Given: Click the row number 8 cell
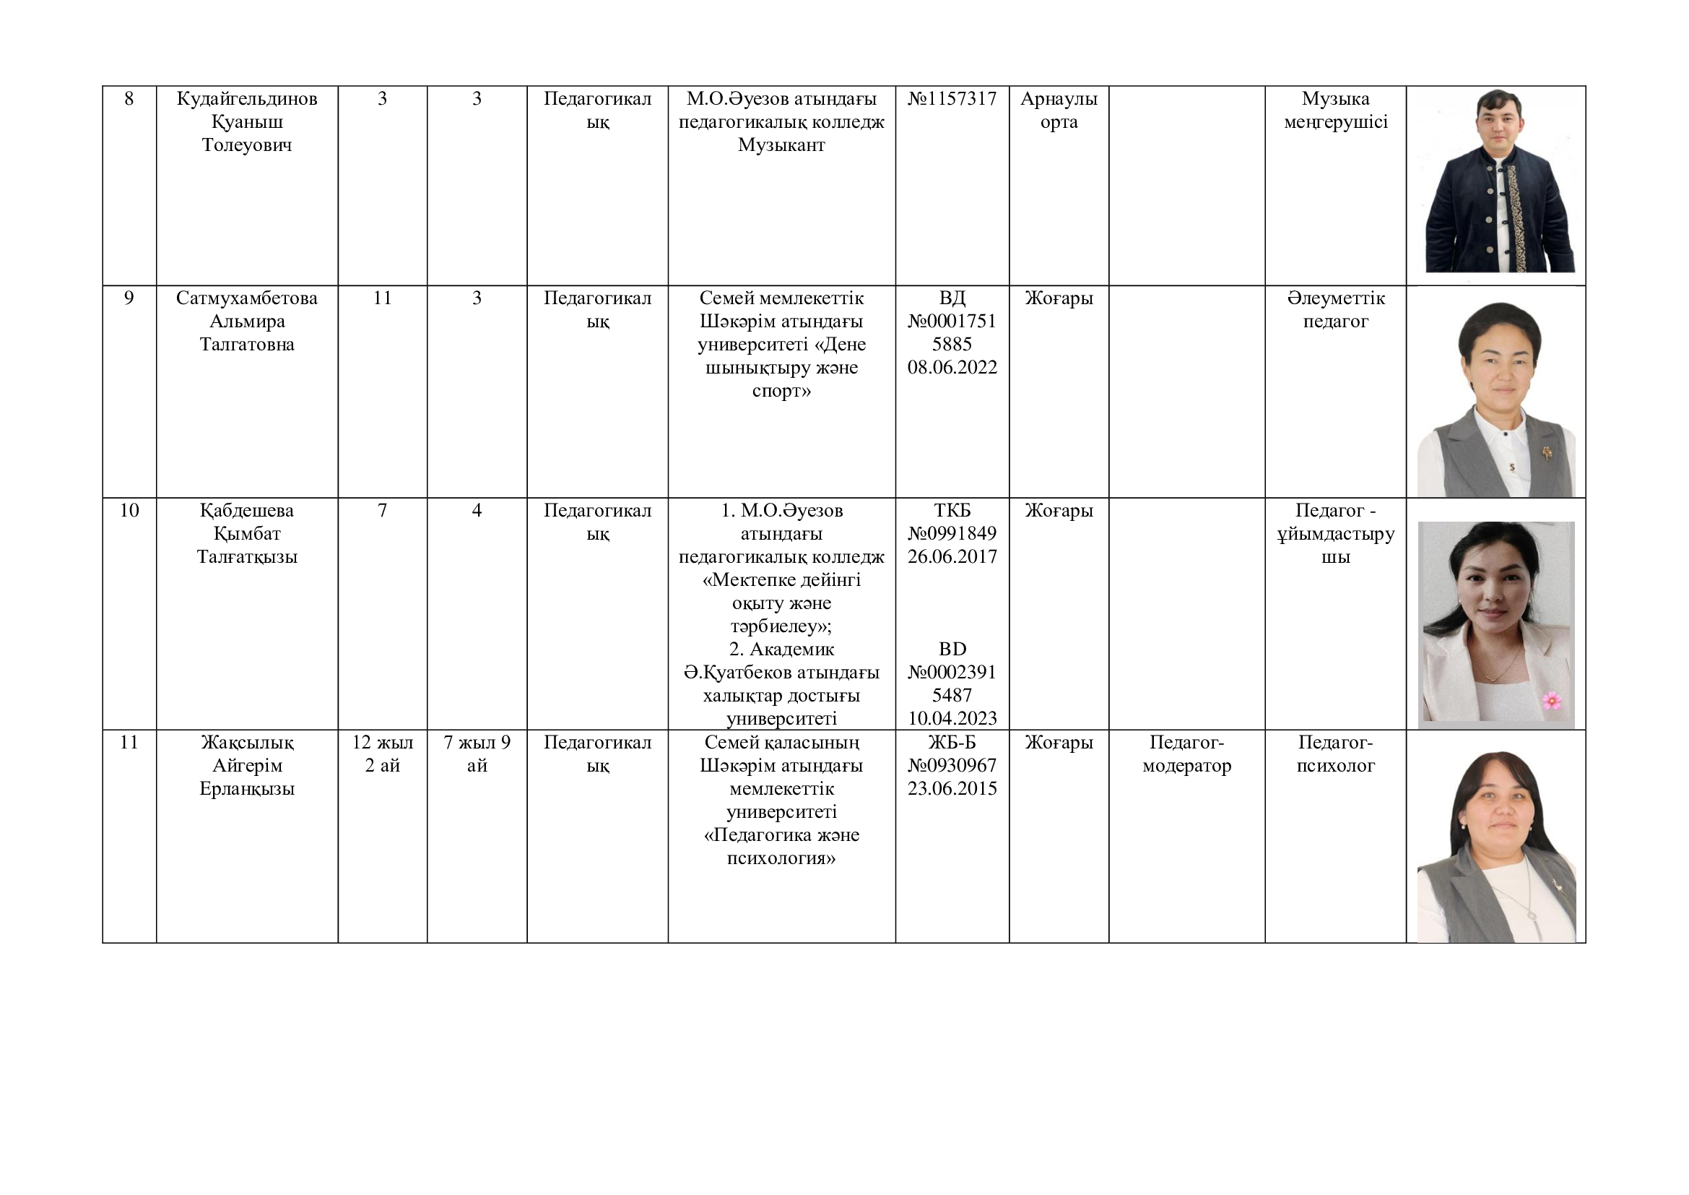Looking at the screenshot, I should (129, 98).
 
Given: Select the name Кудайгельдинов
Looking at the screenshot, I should (246, 98).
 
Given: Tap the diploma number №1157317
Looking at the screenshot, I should (952, 98).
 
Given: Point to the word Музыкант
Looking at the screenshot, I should (781, 145).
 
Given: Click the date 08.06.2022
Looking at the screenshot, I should (952, 367).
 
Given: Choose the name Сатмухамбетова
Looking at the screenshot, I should (246, 298).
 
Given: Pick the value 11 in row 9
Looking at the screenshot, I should (382, 298).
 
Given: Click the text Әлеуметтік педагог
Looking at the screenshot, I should (1335, 310).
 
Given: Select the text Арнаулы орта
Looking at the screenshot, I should (1059, 111).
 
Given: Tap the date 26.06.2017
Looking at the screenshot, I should (952, 556).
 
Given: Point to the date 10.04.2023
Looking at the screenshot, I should (952, 718).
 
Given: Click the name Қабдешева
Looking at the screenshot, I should (246, 511).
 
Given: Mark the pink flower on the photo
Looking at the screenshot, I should (1551, 701).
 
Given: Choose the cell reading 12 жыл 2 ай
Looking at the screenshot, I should (382, 754).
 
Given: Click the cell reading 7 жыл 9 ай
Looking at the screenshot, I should (477, 754).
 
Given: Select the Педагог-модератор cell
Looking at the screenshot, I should (1186, 754).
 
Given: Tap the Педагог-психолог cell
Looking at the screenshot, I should (1335, 754).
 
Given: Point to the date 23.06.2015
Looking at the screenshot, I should (952, 789).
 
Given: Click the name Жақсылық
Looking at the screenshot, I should (246, 743).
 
